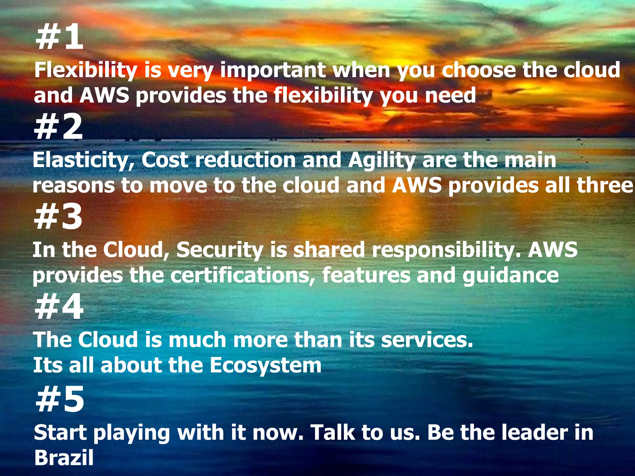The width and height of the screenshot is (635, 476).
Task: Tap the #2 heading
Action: point(59,127)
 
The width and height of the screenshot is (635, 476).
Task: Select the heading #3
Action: point(58,217)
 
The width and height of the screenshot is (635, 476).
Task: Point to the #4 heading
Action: point(59,307)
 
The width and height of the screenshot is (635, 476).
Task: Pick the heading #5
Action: point(60,399)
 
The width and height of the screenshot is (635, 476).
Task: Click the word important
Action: point(273,71)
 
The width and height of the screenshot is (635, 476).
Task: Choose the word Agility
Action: point(381,161)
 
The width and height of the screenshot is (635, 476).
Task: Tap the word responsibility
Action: point(446,250)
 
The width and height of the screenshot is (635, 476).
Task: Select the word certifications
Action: point(242,275)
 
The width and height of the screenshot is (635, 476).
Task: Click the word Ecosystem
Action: point(265,366)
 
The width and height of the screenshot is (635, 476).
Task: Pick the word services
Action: point(427,340)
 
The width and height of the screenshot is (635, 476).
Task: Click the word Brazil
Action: point(64,457)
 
